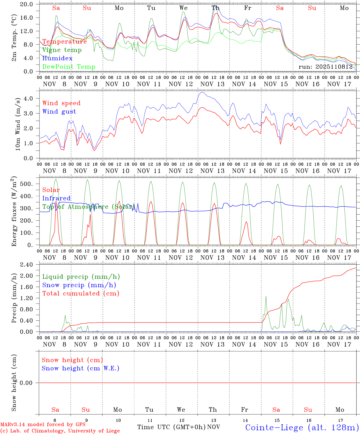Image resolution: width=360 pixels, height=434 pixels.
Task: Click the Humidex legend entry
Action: pos(58,58)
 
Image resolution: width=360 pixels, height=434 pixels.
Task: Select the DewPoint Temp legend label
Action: pos(69,67)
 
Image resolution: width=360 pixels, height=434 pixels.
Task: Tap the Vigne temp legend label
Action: pos(62,50)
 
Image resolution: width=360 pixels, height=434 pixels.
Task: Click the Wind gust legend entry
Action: pos(59,112)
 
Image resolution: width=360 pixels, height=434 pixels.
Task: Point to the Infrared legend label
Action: pos(56,198)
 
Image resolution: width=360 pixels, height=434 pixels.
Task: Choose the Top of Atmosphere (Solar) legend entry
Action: pos(88,207)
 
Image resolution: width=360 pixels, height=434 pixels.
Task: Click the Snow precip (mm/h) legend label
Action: pos(79,285)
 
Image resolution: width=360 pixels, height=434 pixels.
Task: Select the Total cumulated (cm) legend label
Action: pos(81,294)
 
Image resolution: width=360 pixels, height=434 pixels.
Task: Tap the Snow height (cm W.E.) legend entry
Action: pos(81,368)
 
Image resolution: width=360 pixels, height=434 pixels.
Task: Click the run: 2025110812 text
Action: pos(326,67)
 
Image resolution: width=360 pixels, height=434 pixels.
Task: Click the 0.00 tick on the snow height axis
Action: pos(30,383)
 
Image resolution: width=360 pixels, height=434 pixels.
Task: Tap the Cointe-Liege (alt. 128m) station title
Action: pos(302,427)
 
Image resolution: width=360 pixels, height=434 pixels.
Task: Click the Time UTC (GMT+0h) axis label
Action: pos(171,427)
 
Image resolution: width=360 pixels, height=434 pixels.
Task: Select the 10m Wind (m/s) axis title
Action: pos(18,124)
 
